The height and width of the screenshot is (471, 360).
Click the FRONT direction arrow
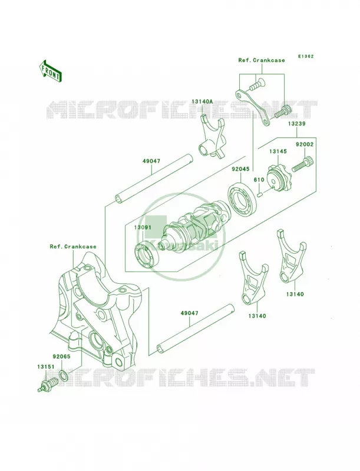point(50,71)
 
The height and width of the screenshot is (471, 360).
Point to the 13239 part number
point(297,124)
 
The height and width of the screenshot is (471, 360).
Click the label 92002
point(305,144)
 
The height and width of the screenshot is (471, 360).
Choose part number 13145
point(278,151)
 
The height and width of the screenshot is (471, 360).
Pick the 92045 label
point(240,169)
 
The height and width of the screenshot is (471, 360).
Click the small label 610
point(259,180)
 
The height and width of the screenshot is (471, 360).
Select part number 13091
point(143,227)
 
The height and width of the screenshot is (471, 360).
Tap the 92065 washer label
point(61,357)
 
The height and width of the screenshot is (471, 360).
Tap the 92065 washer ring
point(64,375)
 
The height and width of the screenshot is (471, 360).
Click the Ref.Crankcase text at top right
point(262,60)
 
